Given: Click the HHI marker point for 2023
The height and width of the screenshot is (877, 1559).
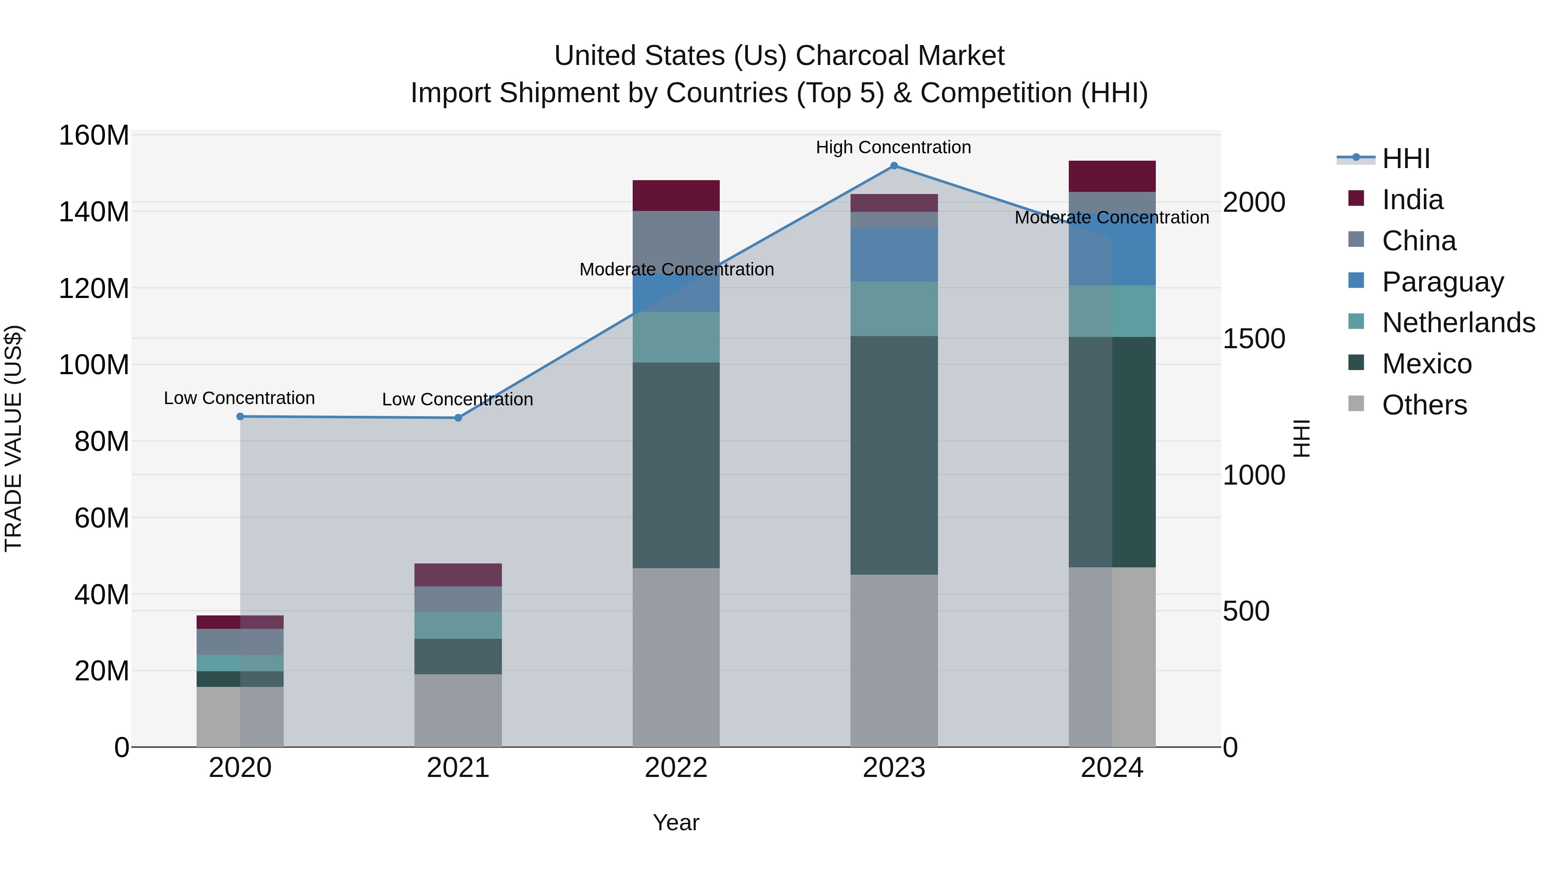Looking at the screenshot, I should pyautogui.click(x=894, y=166).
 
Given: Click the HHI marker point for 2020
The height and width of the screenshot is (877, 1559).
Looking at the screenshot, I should pyautogui.click(x=240, y=416).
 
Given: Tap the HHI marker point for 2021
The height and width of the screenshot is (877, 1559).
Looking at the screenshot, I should pyautogui.click(x=458, y=417).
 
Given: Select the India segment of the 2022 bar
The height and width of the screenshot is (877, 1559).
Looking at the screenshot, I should pyautogui.click(x=676, y=195).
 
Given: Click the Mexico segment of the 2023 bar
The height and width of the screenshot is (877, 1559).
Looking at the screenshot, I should pyautogui.click(x=894, y=455).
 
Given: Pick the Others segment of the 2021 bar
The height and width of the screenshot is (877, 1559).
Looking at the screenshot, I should pyautogui.click(x=458, y=711).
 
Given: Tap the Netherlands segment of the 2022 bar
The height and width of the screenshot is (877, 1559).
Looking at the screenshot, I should pyautogui.click(x=676, y=337).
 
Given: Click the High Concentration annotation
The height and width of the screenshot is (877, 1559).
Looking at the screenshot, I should pyautogui.click(x=893, y=148).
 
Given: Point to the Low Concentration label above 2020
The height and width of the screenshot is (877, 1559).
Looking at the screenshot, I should pyautogui.click(x=239, y=398).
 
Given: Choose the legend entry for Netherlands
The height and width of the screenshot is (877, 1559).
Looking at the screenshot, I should pyautogui.click(x=1458, y=323).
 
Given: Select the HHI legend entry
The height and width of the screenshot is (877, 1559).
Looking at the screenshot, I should pyautogui.click(x=1405, y=159).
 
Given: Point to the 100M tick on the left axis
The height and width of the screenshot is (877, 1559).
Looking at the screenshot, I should pyautogui.click(x=94, y=365).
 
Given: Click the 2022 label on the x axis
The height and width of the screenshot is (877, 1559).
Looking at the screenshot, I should pyautogui.click(x=676, y=768).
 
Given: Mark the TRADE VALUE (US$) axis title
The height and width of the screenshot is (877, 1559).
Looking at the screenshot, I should pyautogui.click(x=13, y=438).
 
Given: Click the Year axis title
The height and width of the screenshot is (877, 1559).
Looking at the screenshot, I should pyautogui.click(x=676, y=822).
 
